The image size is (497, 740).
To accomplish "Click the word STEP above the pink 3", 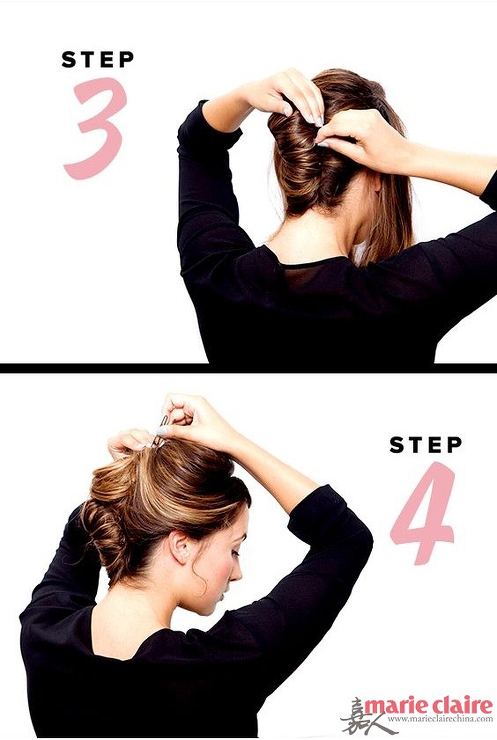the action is pos(98,60).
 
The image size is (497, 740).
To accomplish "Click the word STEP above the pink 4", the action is pos(426,445).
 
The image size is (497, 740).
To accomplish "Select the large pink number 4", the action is pos(422,513).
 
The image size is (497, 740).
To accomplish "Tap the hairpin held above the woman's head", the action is pos(162,430).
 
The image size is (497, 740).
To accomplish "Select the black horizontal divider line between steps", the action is pos(248,368).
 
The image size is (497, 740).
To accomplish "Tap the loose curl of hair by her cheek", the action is pos(199,579).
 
